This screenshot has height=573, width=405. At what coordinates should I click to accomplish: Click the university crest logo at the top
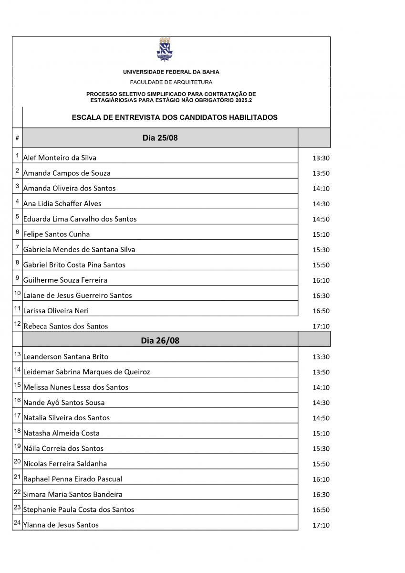tap(165, 49)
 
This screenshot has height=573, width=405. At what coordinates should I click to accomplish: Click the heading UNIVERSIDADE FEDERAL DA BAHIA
tap(171, 72)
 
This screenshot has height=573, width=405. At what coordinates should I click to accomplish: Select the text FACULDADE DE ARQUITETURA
tap(171, 82)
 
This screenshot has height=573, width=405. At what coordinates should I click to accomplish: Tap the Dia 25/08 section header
tap(160, 138)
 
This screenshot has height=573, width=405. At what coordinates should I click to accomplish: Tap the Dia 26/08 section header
tap(160, 340)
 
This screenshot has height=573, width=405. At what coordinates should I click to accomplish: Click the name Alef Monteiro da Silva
tap(60, 158)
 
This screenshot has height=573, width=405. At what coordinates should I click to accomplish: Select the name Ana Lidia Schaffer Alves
tap(62, 203)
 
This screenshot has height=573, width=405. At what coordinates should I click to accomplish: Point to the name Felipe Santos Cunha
tap(56, 234)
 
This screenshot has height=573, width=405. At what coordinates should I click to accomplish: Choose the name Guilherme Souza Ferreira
tap(65, 280)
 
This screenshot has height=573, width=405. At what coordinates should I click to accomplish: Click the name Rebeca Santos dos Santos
tap(65, 327)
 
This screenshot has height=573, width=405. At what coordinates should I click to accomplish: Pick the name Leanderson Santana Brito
tap(65, 356)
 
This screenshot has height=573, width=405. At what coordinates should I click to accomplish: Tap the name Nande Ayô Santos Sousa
tap(63, 402)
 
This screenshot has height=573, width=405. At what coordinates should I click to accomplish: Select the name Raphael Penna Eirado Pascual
tap(73, 478)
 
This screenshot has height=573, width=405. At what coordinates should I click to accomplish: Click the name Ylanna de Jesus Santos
tap(61, 525)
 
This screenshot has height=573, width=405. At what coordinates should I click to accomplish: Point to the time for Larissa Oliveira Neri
tap(321, 311)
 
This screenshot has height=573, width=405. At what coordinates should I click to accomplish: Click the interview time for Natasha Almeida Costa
tap(321, 434)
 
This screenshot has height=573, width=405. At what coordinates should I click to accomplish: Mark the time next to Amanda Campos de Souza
tap(321, 173)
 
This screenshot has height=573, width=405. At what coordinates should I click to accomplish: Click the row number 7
tap(17, 247)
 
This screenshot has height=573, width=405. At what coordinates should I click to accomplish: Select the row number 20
tap(17, 461)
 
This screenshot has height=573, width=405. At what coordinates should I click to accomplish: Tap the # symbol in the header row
tap(17, 138)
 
